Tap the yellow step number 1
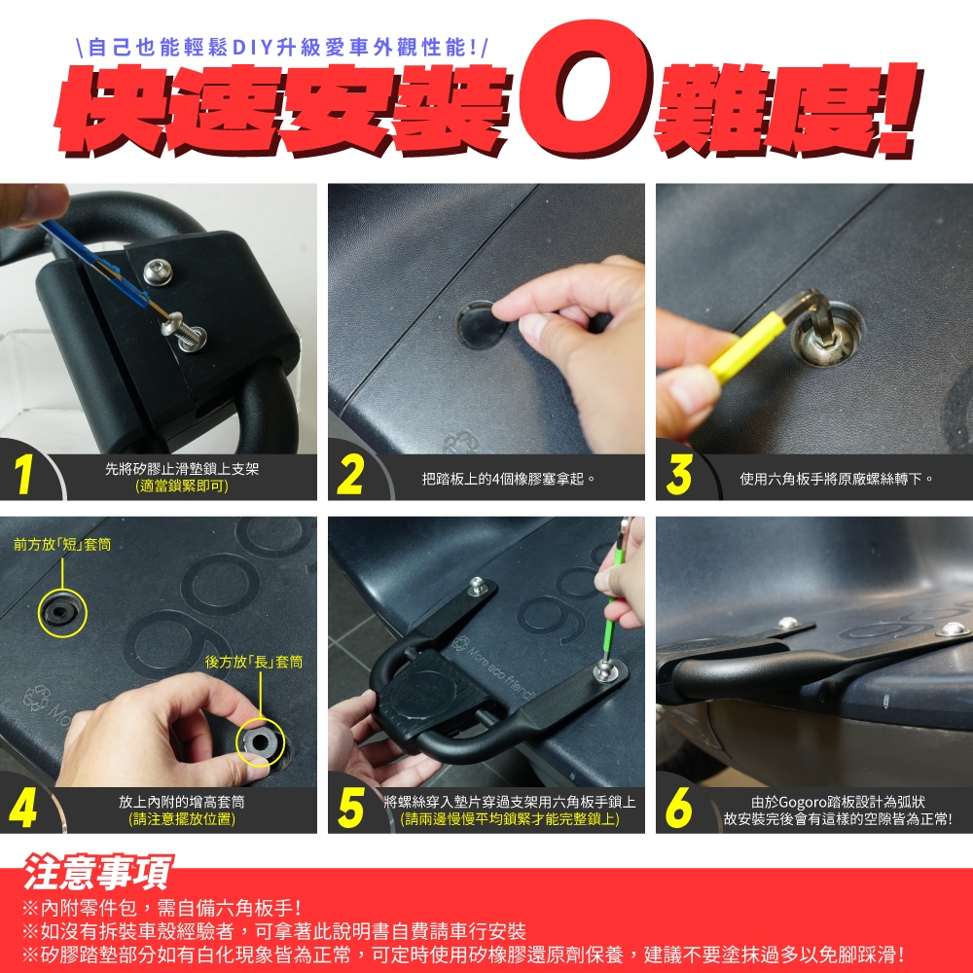coord(23,475)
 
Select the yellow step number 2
coord(350,475)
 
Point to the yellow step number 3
coord(679,475)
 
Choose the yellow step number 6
coord(679,808)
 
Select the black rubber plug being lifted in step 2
coord(479,324)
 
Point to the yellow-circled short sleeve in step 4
coord(61,612)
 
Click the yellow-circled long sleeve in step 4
coord(260,741)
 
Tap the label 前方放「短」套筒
coord(62,544)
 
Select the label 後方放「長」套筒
coord(254,662)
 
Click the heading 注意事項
coord(96,872)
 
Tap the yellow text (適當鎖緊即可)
coord(182,486)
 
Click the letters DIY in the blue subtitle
coord(253,47)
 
